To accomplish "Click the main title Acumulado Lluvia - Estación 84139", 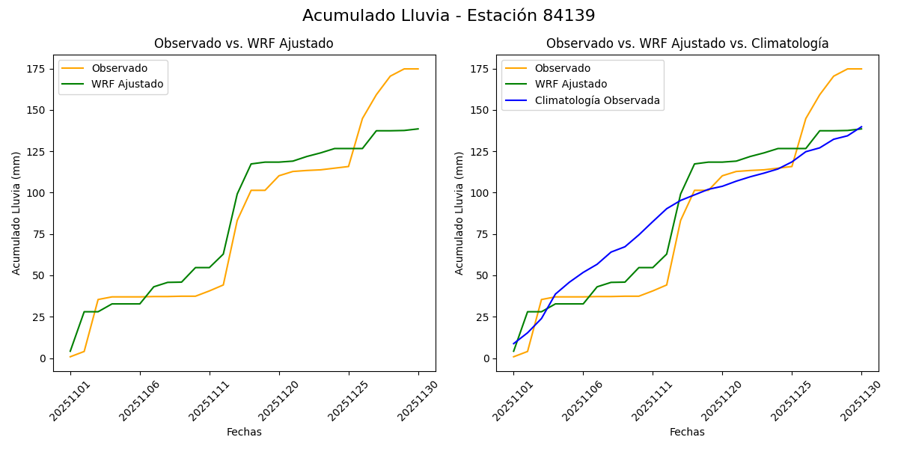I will coord(449,16).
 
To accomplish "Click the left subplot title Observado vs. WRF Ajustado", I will coord(244,43).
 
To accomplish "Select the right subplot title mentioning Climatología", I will coord(687,43).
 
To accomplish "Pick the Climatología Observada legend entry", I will coord(597,100).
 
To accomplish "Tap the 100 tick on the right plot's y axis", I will coord(480,193).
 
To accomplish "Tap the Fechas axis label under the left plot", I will coord(244,432).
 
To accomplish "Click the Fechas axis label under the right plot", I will coord(687,432).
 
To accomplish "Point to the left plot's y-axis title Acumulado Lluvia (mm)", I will coord(16,213).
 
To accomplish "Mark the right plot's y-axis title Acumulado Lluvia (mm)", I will coord(459,213).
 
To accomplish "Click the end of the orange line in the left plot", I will coord(418,69).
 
